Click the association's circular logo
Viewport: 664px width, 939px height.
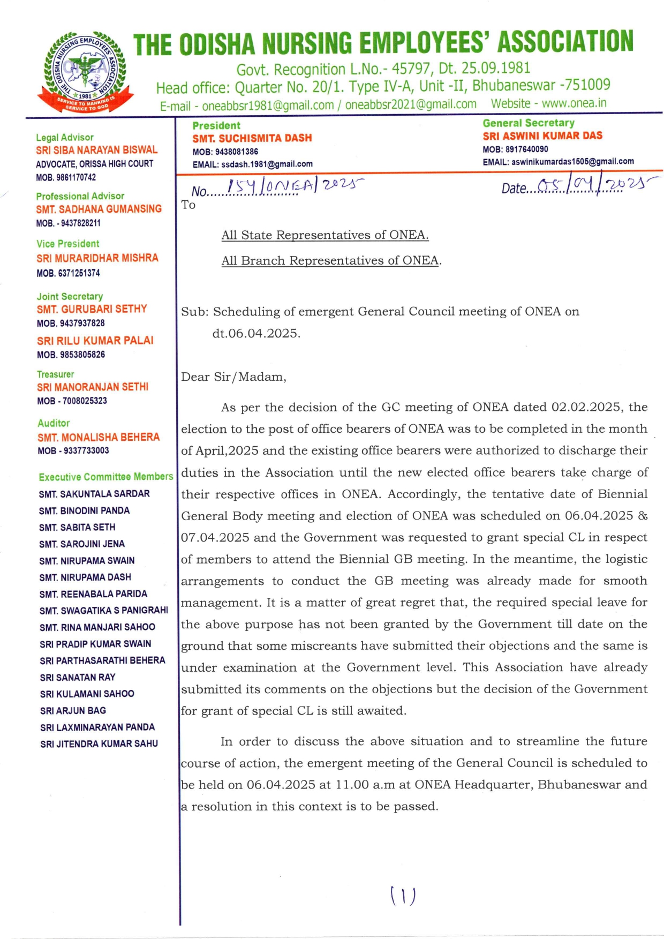click(x=85, y=71)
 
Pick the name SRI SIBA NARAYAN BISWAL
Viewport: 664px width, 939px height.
click(x=97, y=150)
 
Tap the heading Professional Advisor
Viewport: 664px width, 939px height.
click(x=80, y=196)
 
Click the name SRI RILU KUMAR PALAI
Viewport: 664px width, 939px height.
click(x=95, y=341)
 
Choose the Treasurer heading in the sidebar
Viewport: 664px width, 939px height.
click(x=56, y=374)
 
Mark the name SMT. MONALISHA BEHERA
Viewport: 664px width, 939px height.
click(x=99, y=437)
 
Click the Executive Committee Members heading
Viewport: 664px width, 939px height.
click(x=106, y=477)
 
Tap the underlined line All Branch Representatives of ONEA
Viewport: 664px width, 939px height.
click(x=330, y=261)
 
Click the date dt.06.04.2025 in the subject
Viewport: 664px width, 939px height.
click(x=256, y=333)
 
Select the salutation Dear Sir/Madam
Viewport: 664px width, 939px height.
click(x=233, y=377)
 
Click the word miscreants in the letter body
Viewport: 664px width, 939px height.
click(x=323, y=646)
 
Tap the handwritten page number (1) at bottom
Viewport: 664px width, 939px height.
click(x=403, y=896)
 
